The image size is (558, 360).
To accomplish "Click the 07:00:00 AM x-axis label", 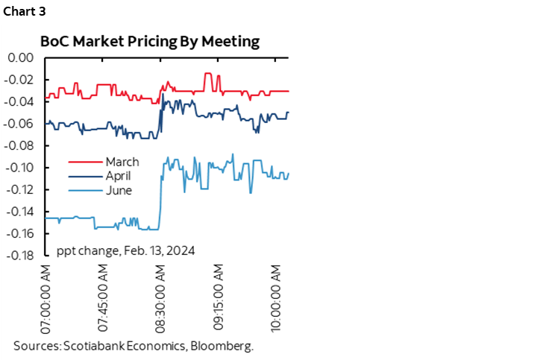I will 46,297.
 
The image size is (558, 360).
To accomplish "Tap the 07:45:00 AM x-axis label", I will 104,297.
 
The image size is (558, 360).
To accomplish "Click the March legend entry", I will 122,162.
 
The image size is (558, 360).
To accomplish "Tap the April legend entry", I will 118,176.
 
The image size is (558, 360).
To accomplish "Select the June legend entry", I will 118,190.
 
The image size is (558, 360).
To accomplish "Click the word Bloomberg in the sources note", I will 222,346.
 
